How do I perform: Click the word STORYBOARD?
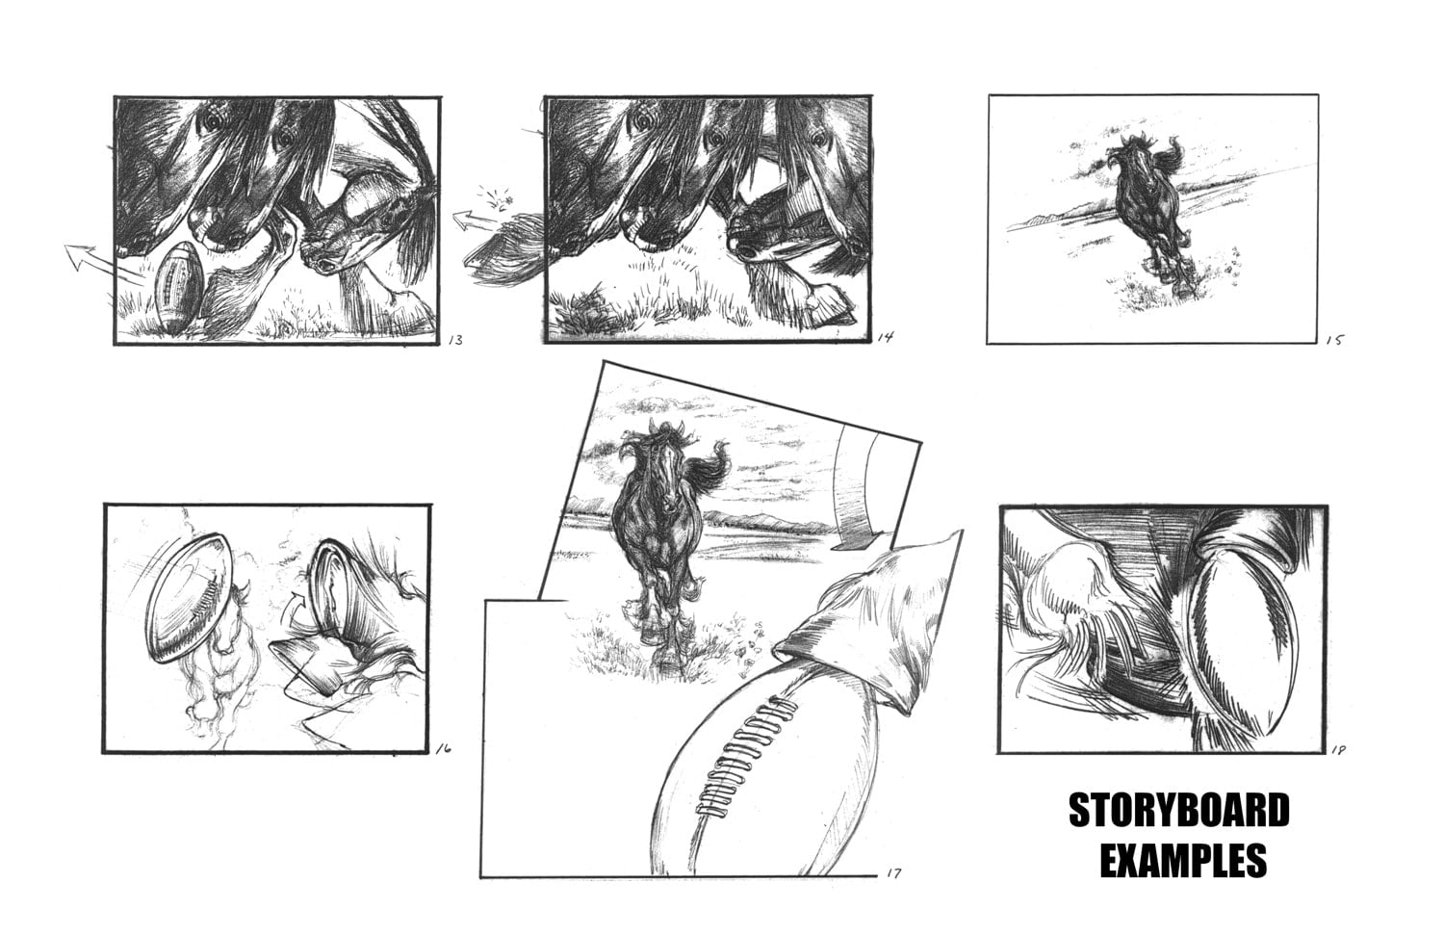tap(1179, 811)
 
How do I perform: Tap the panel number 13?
tap(455, 340)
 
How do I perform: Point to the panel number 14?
tap(885, 337)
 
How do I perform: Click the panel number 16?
tap(443, 748)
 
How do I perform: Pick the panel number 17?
tap(893, 873)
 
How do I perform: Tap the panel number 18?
tap(1338, 750)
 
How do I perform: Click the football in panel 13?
tap(178, 287)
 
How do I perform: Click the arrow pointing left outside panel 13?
tap(96, 262)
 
